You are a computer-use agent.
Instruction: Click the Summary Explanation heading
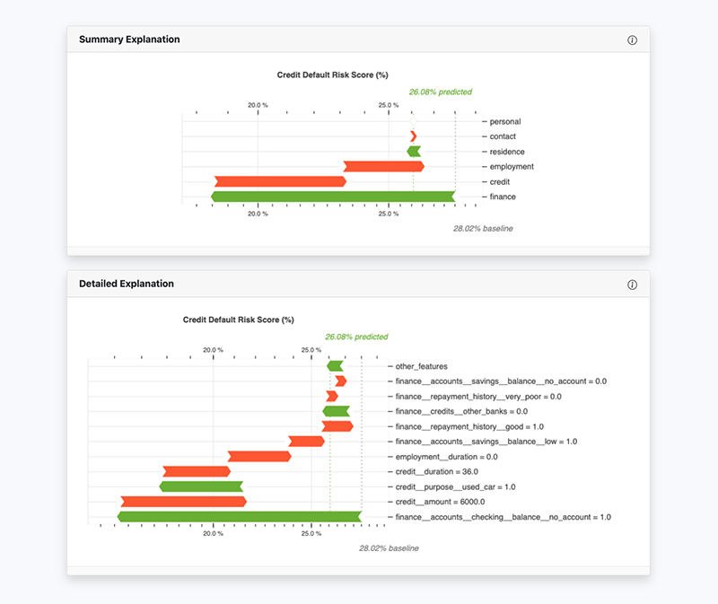[129, 39]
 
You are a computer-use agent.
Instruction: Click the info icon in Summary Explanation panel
[632, 40]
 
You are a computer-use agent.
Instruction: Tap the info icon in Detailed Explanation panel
[632, 284]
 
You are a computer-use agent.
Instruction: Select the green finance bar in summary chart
[332, 197]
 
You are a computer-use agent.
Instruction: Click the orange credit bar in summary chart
[280, 181]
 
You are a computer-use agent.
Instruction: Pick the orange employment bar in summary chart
[383, 166]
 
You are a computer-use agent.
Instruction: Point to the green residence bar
[414, 152]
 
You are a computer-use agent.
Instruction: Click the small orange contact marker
[413, 136]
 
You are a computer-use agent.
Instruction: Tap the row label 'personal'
[504, 122]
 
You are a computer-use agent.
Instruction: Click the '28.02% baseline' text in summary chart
[483, 229]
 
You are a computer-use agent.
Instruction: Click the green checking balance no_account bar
[239, 517]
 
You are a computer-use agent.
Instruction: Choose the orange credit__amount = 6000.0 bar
[183, 502]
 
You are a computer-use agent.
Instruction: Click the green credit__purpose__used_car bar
[201, 486]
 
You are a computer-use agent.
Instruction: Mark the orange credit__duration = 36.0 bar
[196, 471]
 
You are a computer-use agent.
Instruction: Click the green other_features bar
[335, 366]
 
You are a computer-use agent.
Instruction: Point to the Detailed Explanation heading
[127, 284]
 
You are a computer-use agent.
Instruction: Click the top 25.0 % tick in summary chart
[388, 105]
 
